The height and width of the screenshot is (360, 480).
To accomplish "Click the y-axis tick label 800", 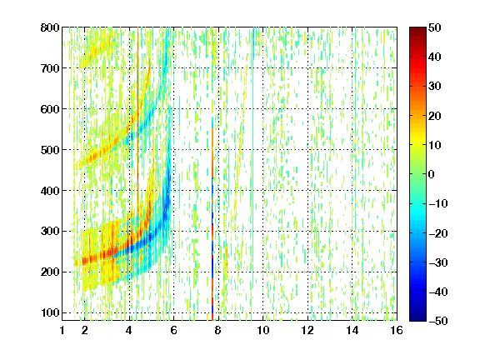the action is pos(50,27).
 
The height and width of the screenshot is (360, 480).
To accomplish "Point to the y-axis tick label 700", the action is pos(50,68).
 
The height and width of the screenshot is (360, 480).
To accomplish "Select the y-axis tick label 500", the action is pos(50,150).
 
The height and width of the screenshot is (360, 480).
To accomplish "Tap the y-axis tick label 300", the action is pos(50,232).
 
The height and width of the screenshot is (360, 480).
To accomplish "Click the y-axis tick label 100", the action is pos(50,312).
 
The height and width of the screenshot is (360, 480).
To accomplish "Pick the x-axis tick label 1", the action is pos(62,330).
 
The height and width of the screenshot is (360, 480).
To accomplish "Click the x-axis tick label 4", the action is pos(129,330).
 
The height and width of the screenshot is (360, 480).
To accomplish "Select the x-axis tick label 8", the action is pos(218,330).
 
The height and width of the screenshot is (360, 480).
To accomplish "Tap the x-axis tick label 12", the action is pos(307,330).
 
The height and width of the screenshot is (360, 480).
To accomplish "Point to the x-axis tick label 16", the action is pos(397,330).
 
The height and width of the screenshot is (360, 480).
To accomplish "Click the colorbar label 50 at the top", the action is pos(434,27).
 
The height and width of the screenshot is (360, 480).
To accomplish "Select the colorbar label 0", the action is pos(432,174).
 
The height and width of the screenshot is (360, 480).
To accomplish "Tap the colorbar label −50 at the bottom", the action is pos(438,321).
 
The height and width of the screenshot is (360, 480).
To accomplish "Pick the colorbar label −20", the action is pos(438,233).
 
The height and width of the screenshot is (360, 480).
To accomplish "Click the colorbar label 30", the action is pos(434,87).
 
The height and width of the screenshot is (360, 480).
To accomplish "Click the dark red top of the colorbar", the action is pos(417,30).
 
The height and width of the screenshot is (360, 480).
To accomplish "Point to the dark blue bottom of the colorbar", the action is pos(417,317).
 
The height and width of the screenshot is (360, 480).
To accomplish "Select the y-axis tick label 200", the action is pos(50,272).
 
